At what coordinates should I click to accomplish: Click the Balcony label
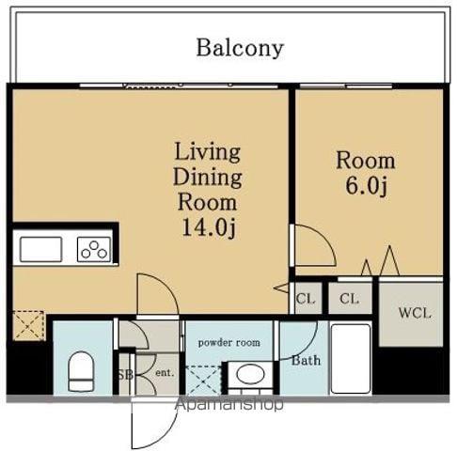240,49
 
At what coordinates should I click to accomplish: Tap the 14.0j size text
209,227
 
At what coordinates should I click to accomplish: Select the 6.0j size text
367,186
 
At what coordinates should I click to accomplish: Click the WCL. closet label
415,313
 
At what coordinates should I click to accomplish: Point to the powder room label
229,343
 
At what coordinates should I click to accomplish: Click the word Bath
306,361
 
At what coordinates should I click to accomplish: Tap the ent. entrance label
165,373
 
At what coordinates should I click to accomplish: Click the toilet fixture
81,371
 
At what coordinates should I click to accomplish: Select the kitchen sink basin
40,249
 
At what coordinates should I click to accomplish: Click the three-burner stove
94,249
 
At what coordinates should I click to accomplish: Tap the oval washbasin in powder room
250,374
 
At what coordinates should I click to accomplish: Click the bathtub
351,359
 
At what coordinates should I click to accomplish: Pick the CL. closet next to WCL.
350,298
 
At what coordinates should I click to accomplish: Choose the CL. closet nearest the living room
306,298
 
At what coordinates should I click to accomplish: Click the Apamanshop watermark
229,404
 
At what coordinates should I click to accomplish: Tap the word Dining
208,177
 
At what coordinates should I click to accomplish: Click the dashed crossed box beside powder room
204,380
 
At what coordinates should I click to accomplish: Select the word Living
208,152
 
